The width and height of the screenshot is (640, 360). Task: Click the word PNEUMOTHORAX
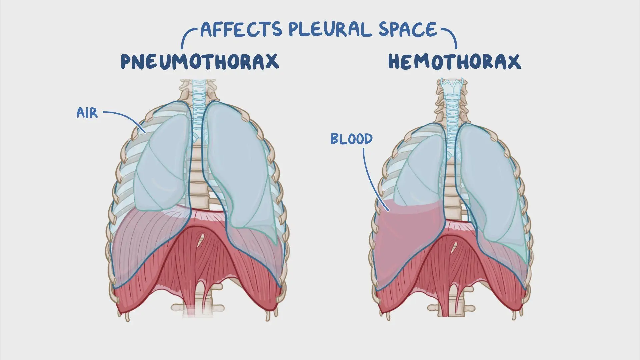[x=199, y=62]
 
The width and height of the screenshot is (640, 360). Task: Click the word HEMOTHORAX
[x=454, y=62]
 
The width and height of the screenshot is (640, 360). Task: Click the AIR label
[x=87, y=113]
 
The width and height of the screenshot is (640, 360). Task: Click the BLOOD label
[x=351, y=139]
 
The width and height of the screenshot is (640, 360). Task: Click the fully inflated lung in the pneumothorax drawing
[x=240, y=167]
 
